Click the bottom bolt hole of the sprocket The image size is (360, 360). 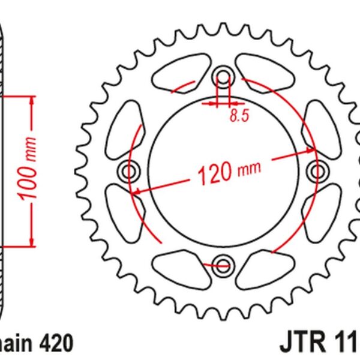tap(224, 265)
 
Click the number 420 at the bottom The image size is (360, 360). tap(56, 344)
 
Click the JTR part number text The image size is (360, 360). tap(318, 344)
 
